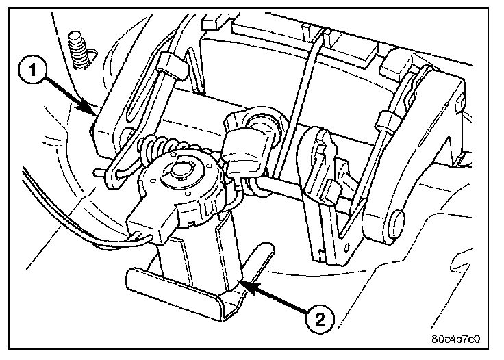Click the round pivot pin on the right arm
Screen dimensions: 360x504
click(x=395, y=222)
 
